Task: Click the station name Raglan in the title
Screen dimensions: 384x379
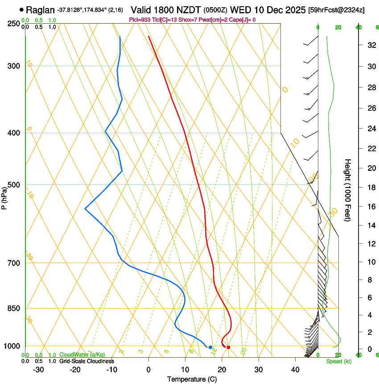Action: [41, 10]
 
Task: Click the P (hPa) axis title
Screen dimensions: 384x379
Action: [4, 196]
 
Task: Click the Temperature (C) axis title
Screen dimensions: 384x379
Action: [192, 379]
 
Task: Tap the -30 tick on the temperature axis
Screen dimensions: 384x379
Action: [38, 370]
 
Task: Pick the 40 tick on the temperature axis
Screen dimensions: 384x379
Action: [295, 370]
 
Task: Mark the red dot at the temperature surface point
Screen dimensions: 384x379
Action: [228, 347]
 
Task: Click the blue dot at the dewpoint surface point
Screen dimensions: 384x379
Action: [210, 347]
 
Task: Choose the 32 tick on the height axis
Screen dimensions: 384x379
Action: [370, 45]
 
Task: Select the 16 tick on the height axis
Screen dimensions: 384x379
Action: [370, 207]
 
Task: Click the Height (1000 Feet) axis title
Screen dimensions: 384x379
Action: [348, 190]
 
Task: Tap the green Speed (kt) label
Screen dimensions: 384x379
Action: [338, 361]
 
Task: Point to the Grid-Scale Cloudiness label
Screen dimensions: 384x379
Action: [87, 361]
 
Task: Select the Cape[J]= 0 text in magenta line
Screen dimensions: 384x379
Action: [243, 20]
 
